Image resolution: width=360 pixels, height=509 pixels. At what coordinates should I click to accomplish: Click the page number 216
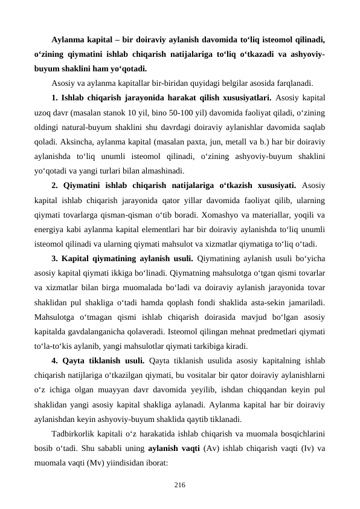click(179, 485)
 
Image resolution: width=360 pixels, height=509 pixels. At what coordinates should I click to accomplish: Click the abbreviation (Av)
click(210, 448)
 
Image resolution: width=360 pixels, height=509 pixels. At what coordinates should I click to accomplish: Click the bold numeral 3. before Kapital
click(56, 258)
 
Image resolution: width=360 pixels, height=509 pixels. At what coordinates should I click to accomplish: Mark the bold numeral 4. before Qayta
click(56, 360)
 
